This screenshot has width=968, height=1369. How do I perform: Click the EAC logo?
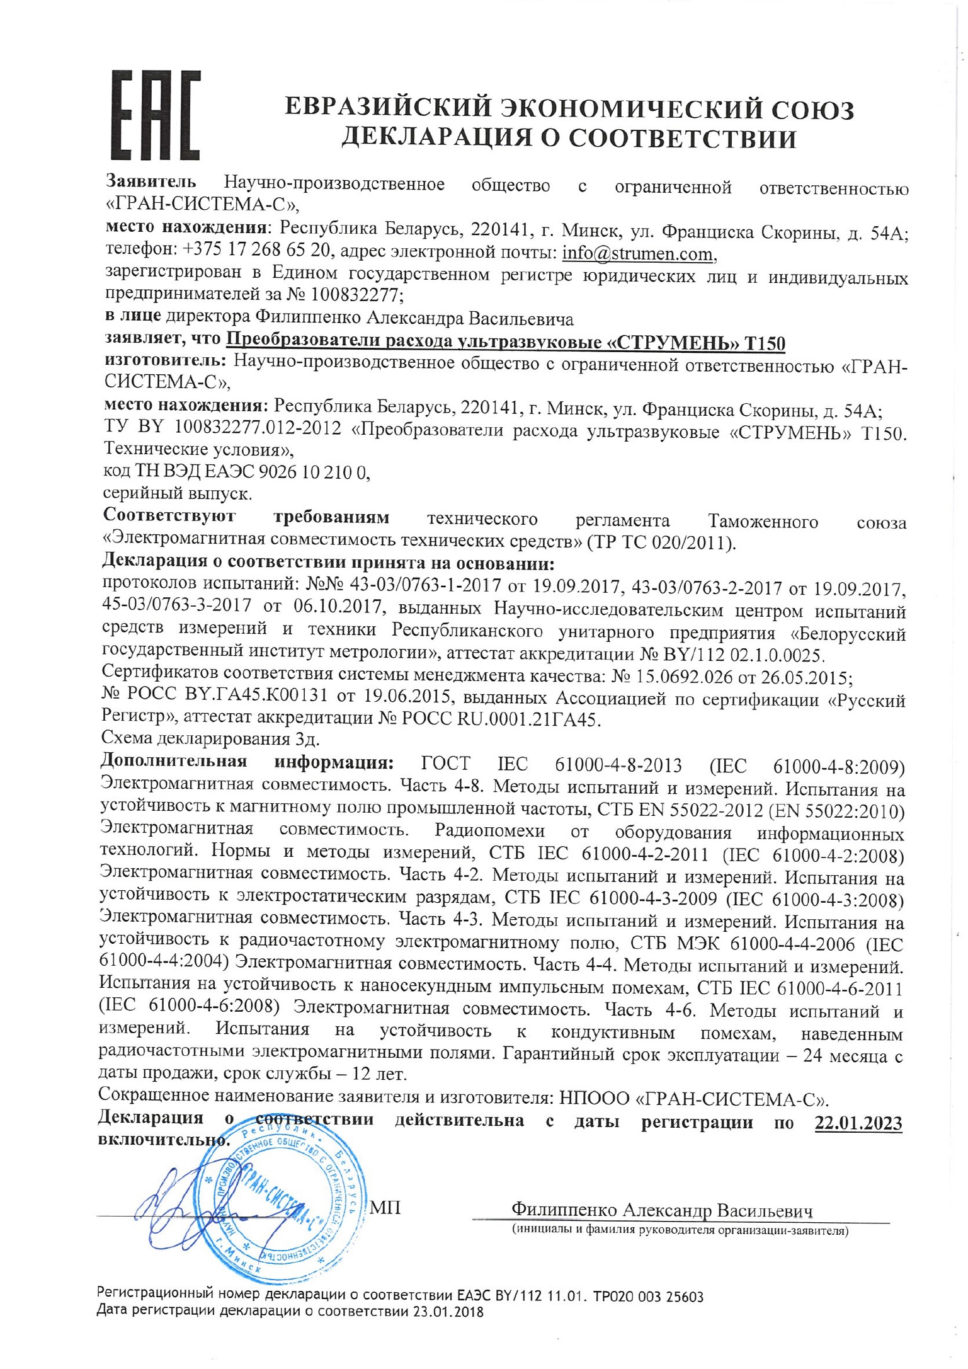click(156, 115)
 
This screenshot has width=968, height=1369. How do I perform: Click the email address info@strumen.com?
click(639, 253)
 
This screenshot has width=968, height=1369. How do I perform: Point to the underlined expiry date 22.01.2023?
click(858, 1123)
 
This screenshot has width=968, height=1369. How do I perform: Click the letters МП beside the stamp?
click(385, 1208)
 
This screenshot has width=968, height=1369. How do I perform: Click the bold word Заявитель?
click(151, 182)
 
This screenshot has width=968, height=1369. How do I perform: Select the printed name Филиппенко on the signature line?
click(564, 1210)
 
